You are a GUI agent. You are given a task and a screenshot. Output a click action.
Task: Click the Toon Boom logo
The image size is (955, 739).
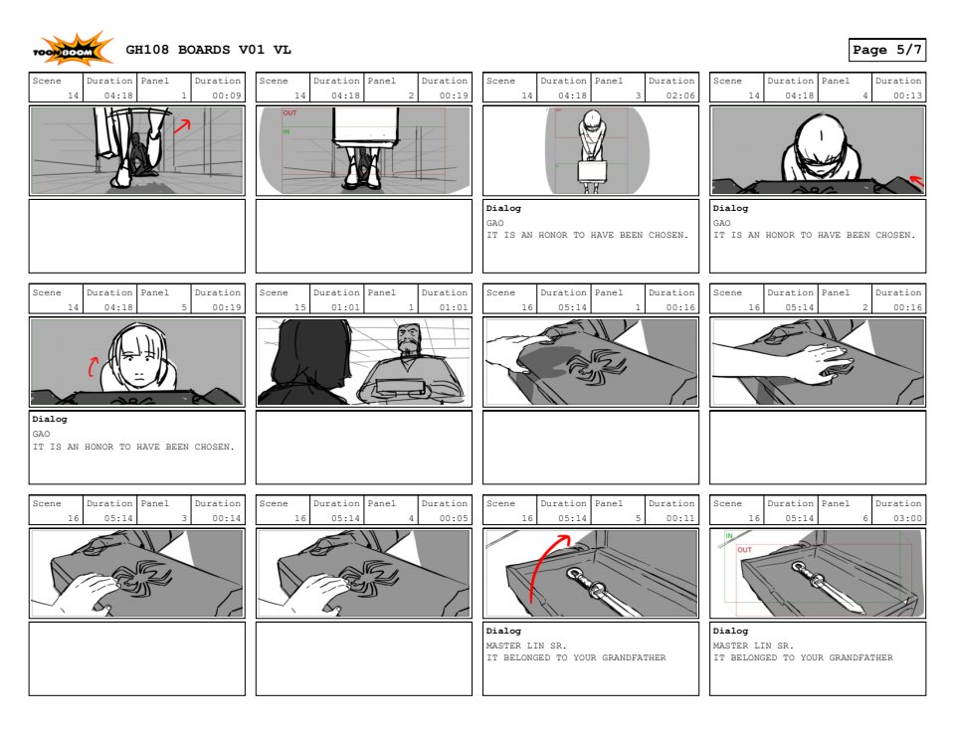(73, 50)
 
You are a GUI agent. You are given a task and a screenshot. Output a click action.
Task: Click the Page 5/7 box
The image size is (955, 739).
(886, 50)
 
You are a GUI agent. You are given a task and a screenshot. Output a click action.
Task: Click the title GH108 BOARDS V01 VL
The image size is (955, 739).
(208, 50)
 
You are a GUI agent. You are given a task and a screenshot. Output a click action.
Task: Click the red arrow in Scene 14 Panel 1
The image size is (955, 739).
(182, 125)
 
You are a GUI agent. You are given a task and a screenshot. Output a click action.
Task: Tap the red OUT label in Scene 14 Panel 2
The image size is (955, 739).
(289, 113)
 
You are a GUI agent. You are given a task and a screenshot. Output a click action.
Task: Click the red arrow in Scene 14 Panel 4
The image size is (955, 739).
(916, 180)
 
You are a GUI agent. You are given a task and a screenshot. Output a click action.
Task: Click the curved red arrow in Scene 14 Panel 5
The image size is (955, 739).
(93, 366)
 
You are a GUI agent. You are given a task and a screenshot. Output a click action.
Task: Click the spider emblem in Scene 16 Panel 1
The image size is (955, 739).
(595, 367)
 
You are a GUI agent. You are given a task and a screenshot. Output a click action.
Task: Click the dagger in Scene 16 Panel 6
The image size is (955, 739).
(827, 586)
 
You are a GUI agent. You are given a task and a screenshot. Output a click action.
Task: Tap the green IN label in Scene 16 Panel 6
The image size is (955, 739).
(729, 536)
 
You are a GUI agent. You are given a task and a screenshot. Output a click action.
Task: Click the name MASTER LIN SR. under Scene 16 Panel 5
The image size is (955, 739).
(526, 646)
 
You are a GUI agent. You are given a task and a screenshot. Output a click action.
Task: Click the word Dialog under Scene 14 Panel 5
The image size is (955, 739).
(50, 420)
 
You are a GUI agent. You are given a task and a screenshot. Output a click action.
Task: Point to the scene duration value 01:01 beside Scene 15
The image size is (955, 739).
(345, 307)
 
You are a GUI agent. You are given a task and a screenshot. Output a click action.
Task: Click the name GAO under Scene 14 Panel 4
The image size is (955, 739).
(722, 223)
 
